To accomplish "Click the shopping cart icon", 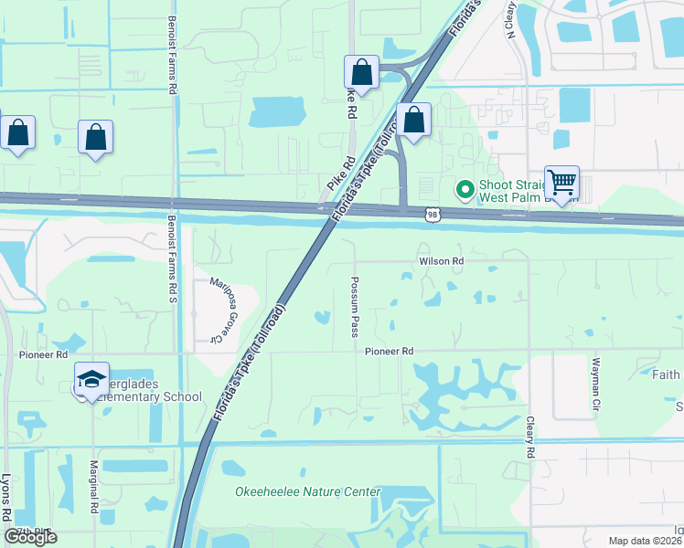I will tap(561, 181).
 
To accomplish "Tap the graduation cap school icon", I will tap(91, 379).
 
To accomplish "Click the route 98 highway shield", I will tap(433, 214).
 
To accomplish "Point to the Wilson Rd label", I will tap(442, 261).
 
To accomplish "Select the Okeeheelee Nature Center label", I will tap(307, 492).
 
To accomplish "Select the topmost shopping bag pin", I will tap(361, 72).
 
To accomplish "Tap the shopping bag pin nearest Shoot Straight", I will tap(413, 120).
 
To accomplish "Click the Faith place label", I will tap(666, 374).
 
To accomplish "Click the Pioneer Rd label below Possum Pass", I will tap(390, 352).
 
